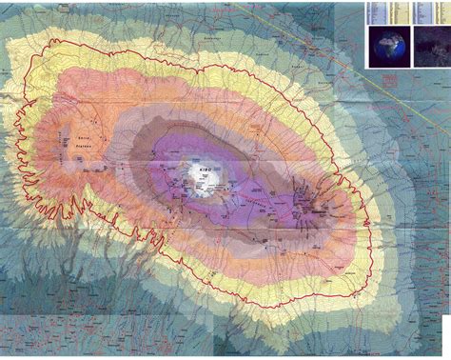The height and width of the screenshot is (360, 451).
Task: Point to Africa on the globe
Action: [388, 46]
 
